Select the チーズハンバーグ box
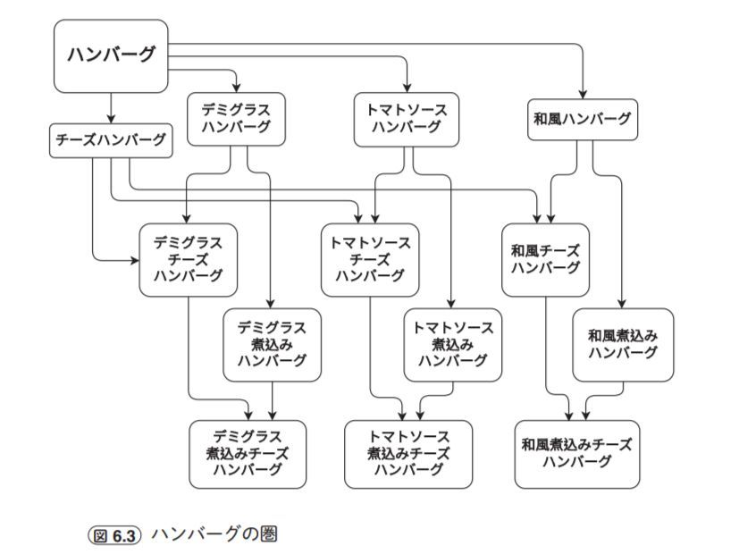tap(111, 140)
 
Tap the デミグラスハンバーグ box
tap(236, 118)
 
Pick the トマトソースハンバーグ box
tap(407, 118)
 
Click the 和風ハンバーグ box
tap(581, 120)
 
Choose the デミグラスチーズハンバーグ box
tap(188, 259)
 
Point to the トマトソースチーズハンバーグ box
tap(370, 259)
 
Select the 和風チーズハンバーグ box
tap(545, 259)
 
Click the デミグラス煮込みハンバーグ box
tap(272, 344)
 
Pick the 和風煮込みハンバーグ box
tap(623, 344)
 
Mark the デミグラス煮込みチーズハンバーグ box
tap(248, 453)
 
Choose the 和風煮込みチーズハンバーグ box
tap(576, 453)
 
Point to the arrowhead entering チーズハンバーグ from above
tap(111, 122)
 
